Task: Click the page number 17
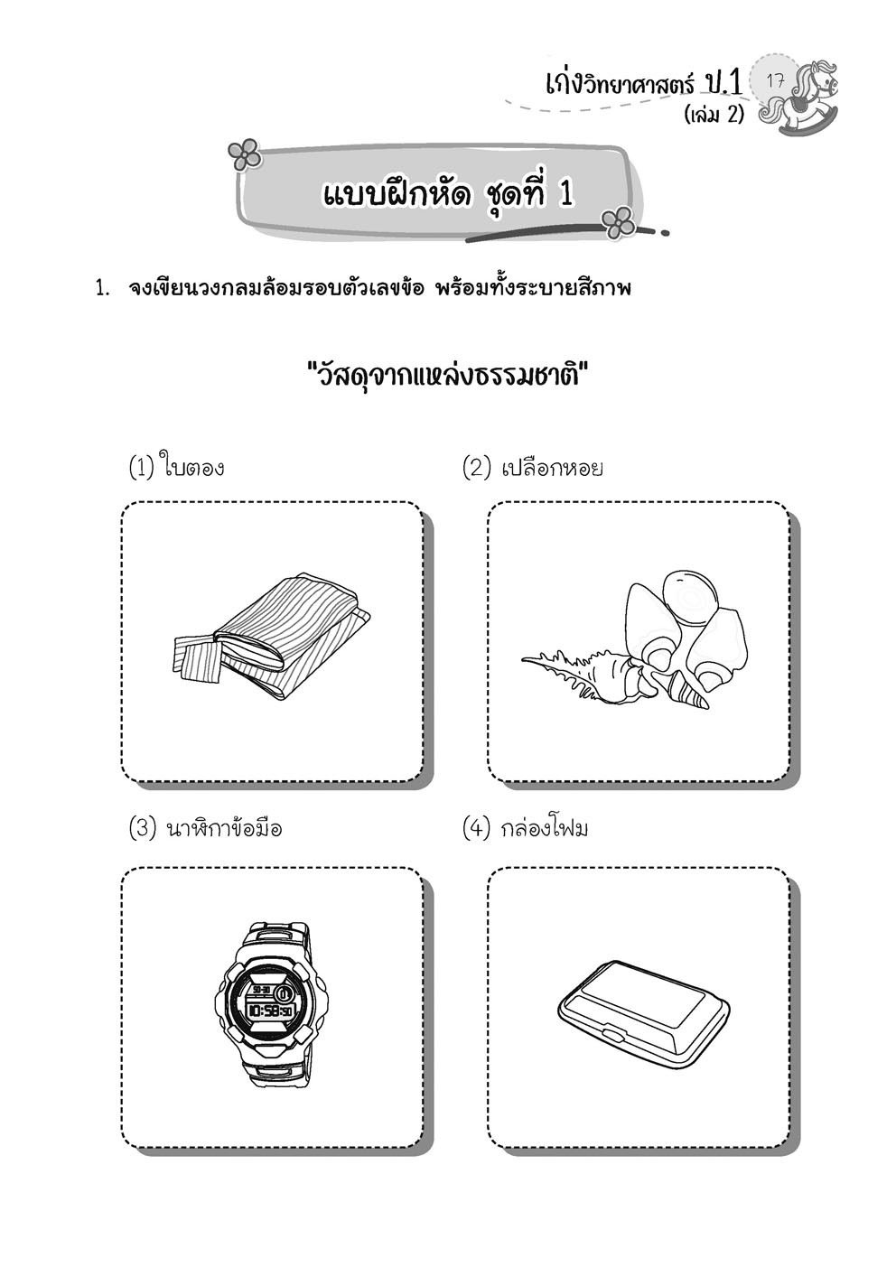coord(774,80)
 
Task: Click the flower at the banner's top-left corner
coord(244,155)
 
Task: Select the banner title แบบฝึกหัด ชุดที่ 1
coord(447,193)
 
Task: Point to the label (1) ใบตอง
coord(176,469)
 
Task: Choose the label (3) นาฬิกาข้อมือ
coord(205,828)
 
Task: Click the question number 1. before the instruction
coord(103,290)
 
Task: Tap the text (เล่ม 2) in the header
coord(714,117)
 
